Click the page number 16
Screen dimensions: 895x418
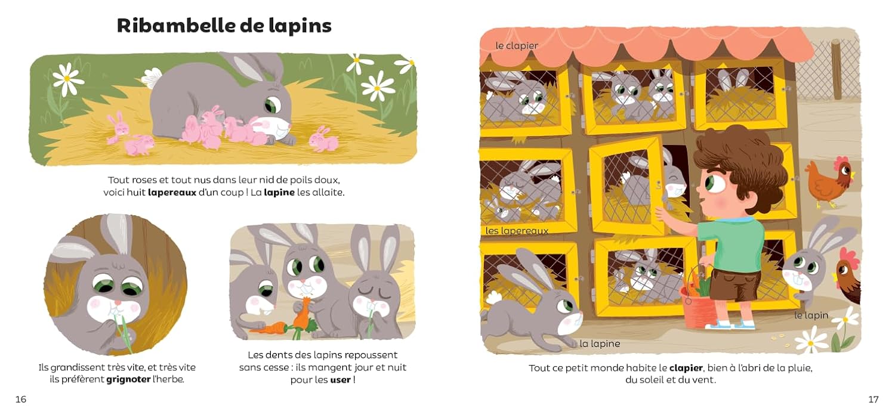[x=21, y=400]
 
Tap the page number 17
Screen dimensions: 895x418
[x=874, y=400]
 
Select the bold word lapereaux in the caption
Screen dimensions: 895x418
[x=172, y=193]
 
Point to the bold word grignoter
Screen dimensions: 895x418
[x=128, y=379]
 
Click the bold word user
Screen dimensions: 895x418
[x=341, y=380]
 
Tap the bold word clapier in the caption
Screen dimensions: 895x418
[x=686, y=368]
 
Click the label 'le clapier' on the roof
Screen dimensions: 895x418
[x=517, y=46]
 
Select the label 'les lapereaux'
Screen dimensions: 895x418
[x=517, y=231]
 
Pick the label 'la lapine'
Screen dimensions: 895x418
[x=600, y=343]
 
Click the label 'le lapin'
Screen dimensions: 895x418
[x=811, y=315]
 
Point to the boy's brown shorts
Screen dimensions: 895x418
[x=735, y=284]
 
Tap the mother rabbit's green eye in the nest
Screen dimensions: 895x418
[x=273, y=105]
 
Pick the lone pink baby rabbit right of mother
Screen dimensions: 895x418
[x=323, y=140]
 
